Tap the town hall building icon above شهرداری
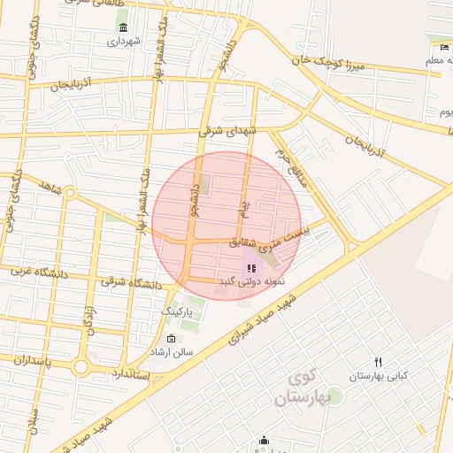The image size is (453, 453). point(122,27)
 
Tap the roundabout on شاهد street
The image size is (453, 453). point(70,193)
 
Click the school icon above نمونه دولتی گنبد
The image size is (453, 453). point(251,267)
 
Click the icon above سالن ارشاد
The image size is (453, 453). point(171,338)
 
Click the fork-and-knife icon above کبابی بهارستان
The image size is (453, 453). point(379,362)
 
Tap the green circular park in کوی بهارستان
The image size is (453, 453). point(335,394)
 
